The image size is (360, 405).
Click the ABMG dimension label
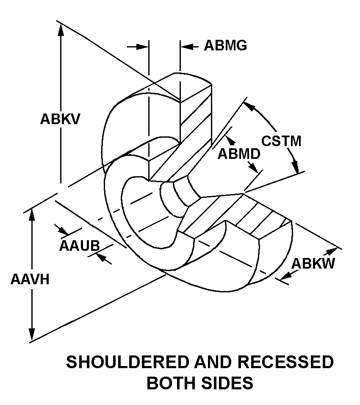225,45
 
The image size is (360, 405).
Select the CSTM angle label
281,141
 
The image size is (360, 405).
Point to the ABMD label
239,154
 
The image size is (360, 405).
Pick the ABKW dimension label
313,264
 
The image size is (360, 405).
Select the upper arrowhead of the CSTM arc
252,107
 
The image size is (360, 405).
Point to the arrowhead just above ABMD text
229,140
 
